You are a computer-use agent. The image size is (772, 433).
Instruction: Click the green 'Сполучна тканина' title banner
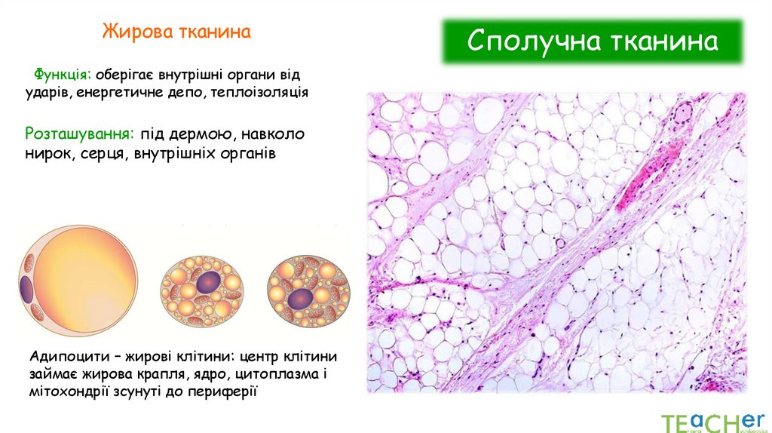coord(592,41)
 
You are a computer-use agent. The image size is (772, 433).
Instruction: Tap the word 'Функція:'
coord(62,75)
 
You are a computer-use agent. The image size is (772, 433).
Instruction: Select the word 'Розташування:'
coord(79,134)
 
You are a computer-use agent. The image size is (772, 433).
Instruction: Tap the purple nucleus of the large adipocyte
coord(28,288)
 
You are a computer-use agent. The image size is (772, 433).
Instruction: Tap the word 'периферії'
coord(226,391)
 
